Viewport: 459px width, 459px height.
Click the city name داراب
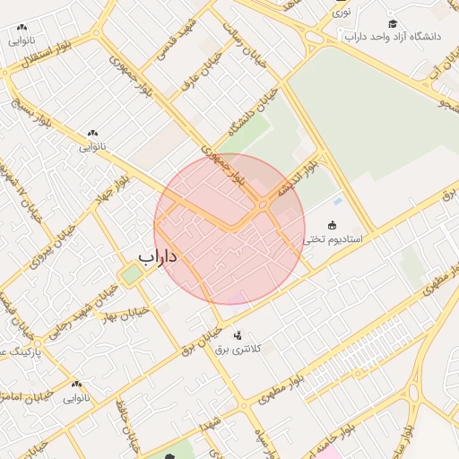click(x=159, y=257)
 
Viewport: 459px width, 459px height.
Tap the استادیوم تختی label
click(x=332, y=239)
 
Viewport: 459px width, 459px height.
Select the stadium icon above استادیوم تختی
click(x=333, y=225)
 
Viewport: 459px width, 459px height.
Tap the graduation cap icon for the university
click(x=393, y=23)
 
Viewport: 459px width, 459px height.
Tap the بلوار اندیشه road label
click(x=297, y=178)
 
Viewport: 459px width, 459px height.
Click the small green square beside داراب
click(x=131, y=274)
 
